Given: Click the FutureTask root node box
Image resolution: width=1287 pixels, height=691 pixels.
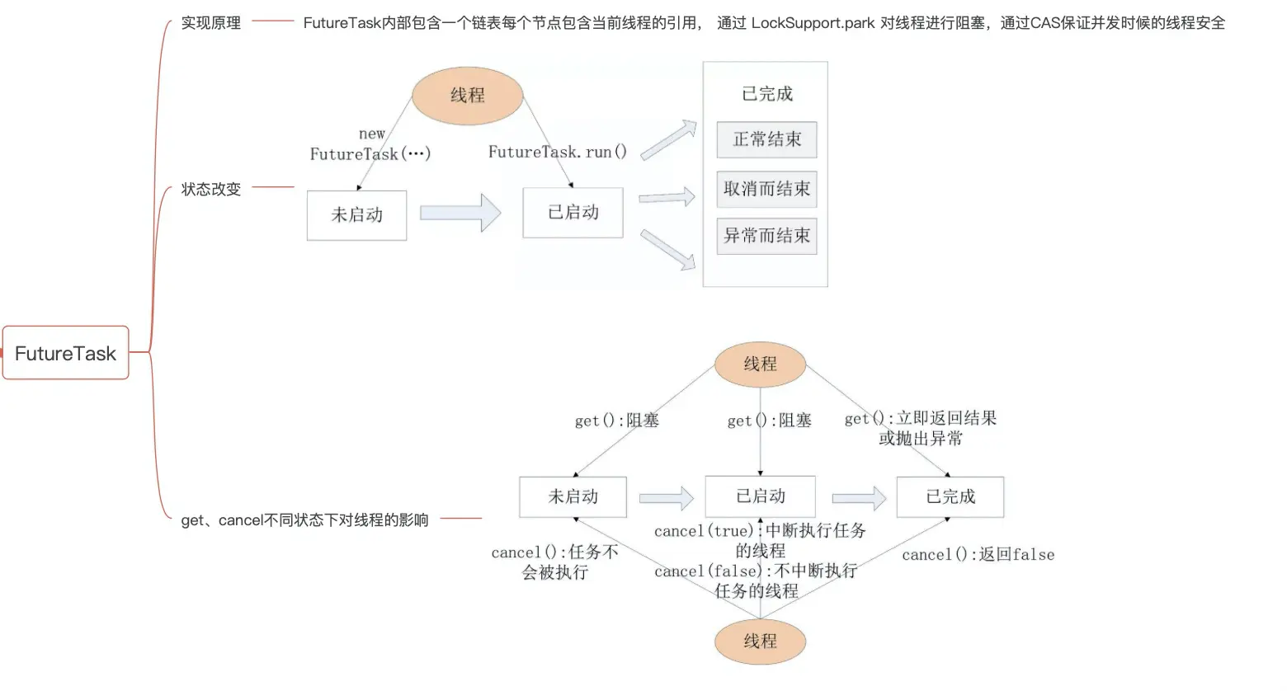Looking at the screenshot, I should [x=65, y=353].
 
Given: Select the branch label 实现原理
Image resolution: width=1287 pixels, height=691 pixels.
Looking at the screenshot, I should [x=211, y=23].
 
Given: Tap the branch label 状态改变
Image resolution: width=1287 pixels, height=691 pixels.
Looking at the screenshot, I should [x=211, y=189].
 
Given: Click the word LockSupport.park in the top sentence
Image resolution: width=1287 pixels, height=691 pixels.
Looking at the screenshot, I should [x=813, y=23].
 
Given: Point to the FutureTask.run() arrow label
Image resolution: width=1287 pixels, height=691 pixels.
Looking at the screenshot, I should [x=558, y=152].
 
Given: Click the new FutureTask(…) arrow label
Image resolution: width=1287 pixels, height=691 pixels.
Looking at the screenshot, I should [x=370, y=145].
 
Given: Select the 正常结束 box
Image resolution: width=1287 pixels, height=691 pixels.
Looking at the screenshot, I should [x=766, y=139].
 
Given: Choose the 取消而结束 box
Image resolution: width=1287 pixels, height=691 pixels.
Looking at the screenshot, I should [x=766, y=189].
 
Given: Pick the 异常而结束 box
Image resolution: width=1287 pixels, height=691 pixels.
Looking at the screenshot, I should [x=766, y=236].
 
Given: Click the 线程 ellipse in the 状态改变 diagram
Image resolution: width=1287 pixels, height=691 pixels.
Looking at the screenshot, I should [x=468, y=96].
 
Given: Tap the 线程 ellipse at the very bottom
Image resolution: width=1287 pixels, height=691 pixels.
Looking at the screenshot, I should [x=760, y=642].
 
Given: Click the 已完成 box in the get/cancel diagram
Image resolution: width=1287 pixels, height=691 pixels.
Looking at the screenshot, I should [x=950, y=496].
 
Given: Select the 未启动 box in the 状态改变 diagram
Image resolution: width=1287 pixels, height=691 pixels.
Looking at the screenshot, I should [x=356, y=215].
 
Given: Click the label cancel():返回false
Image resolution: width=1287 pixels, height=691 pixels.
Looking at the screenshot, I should [x=978, y=555].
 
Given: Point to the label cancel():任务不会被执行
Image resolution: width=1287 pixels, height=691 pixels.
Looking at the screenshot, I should [x=554, y=562].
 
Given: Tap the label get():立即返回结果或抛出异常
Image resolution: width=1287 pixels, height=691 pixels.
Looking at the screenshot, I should [x=921, y=428].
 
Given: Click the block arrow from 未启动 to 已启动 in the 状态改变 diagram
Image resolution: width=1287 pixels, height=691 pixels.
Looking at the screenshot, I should [x=460, y=213].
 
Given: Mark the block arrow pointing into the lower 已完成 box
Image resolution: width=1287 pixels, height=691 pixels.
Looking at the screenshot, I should [x=858, y=497].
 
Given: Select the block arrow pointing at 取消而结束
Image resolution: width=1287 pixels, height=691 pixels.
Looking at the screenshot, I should [x=667, y=197].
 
